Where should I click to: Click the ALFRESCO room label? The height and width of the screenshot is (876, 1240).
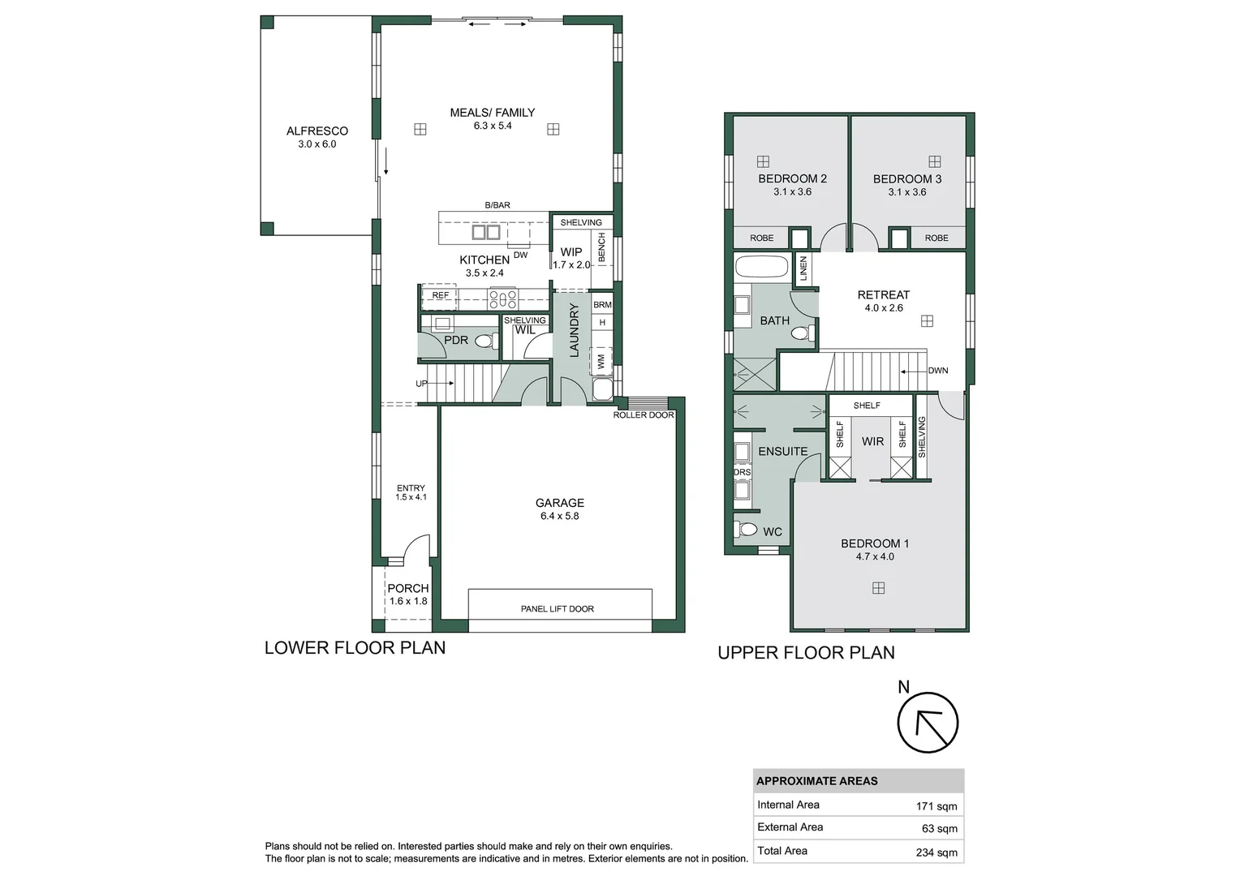[316, 131]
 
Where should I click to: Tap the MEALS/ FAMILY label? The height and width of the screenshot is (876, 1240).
[492, 113]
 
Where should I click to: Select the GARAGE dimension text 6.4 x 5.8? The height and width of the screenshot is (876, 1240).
[559, 516]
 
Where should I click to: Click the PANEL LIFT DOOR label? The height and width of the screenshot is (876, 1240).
[557, 608]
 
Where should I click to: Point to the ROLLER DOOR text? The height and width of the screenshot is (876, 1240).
[643, 415]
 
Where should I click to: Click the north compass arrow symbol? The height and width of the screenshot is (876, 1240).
[928, 724]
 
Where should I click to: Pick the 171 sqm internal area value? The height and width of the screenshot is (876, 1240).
[936, 806]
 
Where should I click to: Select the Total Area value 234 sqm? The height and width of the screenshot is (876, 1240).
[936, 852]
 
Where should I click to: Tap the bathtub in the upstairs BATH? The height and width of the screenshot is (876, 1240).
[761, 268]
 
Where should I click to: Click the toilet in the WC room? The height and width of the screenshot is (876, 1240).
[747, 530]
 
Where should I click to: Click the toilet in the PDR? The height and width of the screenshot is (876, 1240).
[485, 341]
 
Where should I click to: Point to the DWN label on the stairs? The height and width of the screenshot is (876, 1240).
[937, 371]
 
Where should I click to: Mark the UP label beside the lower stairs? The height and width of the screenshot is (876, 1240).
[421, 384]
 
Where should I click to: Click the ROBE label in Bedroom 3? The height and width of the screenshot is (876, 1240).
[936, 238]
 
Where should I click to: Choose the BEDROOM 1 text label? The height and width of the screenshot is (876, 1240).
[874, 543]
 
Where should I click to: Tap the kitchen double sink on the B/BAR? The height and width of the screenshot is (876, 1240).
[485, 232]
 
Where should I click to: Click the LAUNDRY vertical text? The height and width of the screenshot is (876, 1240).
[574, 330]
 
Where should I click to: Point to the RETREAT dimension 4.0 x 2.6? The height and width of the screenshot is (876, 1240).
[883, 308]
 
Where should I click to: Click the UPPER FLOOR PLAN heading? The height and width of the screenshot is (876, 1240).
[806, 653]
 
